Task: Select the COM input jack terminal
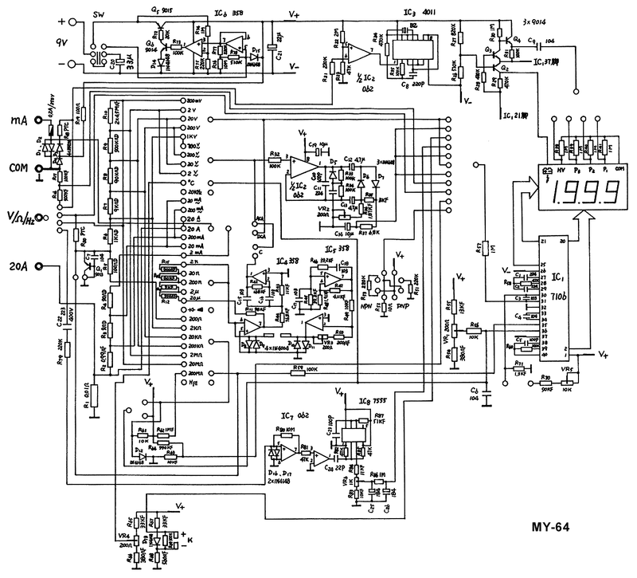click(37, 168)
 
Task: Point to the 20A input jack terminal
click(37, 267)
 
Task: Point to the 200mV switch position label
click(193, 102)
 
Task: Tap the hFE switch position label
click(192, 382)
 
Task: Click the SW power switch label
click(100, 16)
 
